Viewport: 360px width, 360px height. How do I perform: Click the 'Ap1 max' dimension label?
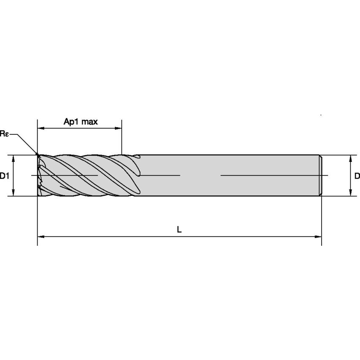(x=81, y=122)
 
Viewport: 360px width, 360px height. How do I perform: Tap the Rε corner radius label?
(x=4, y=134)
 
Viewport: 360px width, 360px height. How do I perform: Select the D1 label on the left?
(x=4, y=176)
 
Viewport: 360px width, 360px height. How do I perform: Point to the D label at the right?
(x=357, y=176)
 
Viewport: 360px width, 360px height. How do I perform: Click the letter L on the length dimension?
(x=179, y=230)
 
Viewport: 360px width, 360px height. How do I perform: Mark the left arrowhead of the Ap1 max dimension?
(x=40, y=128)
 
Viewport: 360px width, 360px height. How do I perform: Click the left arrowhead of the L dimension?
(x=40, y=237)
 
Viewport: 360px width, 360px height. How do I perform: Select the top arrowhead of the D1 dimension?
(x=13, y=158)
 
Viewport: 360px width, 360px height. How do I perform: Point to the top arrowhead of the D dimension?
(x=350, y=158)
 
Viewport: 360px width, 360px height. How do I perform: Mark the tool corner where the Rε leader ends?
(x=38, y=155)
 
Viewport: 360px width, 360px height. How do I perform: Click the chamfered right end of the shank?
(x=320, y=175)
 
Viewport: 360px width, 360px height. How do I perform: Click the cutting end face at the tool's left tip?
(x=39, y=175)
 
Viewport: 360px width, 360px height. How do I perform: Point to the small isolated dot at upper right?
(x=321, y=115)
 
